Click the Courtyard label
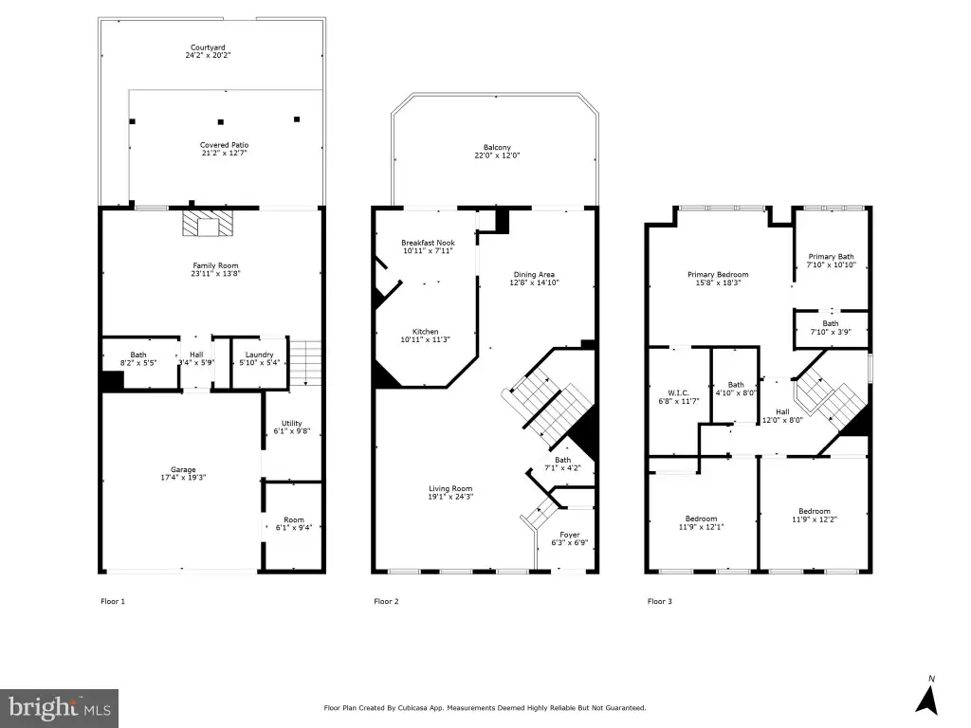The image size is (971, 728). tap(208, 47)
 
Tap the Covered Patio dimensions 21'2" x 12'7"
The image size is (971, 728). tap(224, 153)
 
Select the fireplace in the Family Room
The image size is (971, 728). tap(209, 224)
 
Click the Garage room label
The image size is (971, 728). tap(183, 470)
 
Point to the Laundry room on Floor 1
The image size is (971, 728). tap(260, 363)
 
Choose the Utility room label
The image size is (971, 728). tap(292, 424)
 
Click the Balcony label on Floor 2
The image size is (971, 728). tap(497, 147)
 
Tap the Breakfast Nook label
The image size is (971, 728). tap(428, 243)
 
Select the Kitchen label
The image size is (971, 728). tap(426, 332)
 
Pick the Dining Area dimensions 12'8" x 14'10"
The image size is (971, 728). tap(535, 282)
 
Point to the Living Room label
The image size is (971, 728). tap(450, 488)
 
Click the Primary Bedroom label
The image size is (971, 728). tap(719, 275)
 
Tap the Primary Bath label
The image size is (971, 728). tap(831, 256)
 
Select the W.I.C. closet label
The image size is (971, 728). tap(678, 393)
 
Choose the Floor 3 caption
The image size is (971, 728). tap(660, 601)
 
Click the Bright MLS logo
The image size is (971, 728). tap(59, 708)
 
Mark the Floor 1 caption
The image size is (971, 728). tap(113, 601)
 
